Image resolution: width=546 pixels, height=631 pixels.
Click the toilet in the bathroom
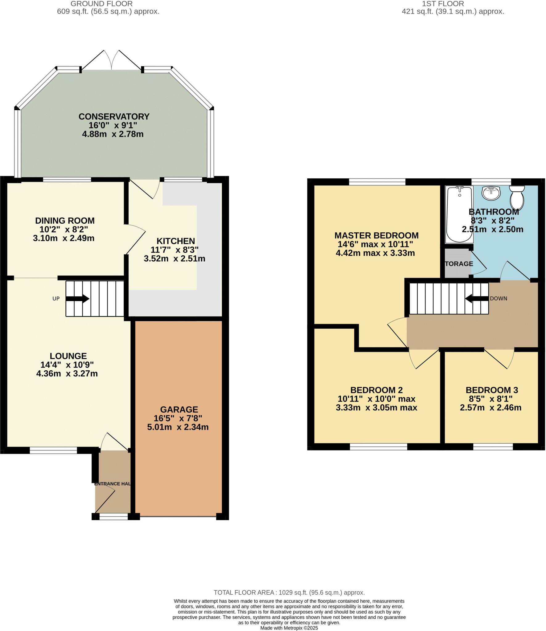[517, 197]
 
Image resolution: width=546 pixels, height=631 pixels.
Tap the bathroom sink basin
[491, 193]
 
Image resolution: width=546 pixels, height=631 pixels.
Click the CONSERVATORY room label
[114, 116]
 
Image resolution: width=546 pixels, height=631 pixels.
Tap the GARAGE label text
[179, 409]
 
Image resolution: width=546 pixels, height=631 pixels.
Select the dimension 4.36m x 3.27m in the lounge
[67, 373]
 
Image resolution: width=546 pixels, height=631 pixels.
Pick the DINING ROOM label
[65, 221]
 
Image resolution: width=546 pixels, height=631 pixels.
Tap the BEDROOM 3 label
[491, 390]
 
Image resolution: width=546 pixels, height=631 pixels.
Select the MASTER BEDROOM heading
[376, 235]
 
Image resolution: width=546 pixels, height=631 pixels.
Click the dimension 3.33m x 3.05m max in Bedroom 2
[376, 408]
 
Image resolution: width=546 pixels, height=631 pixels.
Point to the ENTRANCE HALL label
[112, 484]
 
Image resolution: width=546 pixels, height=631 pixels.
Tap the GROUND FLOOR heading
[101, 4]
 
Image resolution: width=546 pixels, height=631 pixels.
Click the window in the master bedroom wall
[377, 182]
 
